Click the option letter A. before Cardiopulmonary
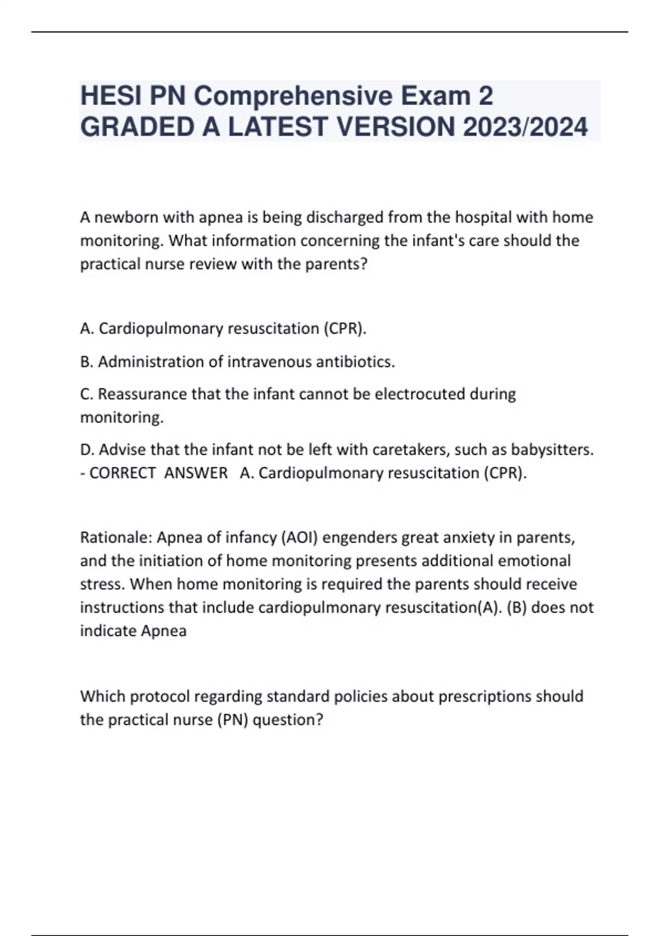pyautogui.click(x=87, y=329)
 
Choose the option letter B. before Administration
pyautogui.click(x=87, y=362)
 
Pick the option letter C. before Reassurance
pyautogui.click(x=87, y=394)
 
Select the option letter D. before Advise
pyautogui.click(x=87, y=450)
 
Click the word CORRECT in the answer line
pyautogui.click(x=122, y=473)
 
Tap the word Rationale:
pyautogui.click(x=116, y=537)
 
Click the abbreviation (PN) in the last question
pyautogui.click(x=233, y=720)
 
